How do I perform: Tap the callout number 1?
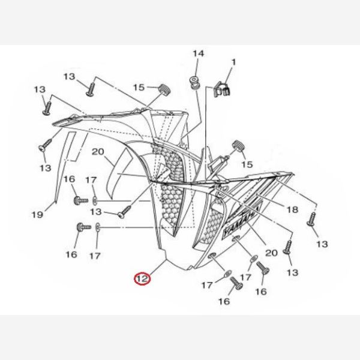pos(234,61)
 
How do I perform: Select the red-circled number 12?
pos(142,278)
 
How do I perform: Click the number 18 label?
pos(292,209)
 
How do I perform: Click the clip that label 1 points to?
pos(225,89)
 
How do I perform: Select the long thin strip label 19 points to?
pos(63,162)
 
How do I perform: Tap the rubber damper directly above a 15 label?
pos(238,145)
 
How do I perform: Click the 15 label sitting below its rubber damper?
pos(247,164)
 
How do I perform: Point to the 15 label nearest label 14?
pos(139,88)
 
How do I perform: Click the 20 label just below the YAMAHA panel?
pos(271,253)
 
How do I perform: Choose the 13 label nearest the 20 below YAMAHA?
pos(293,272)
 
